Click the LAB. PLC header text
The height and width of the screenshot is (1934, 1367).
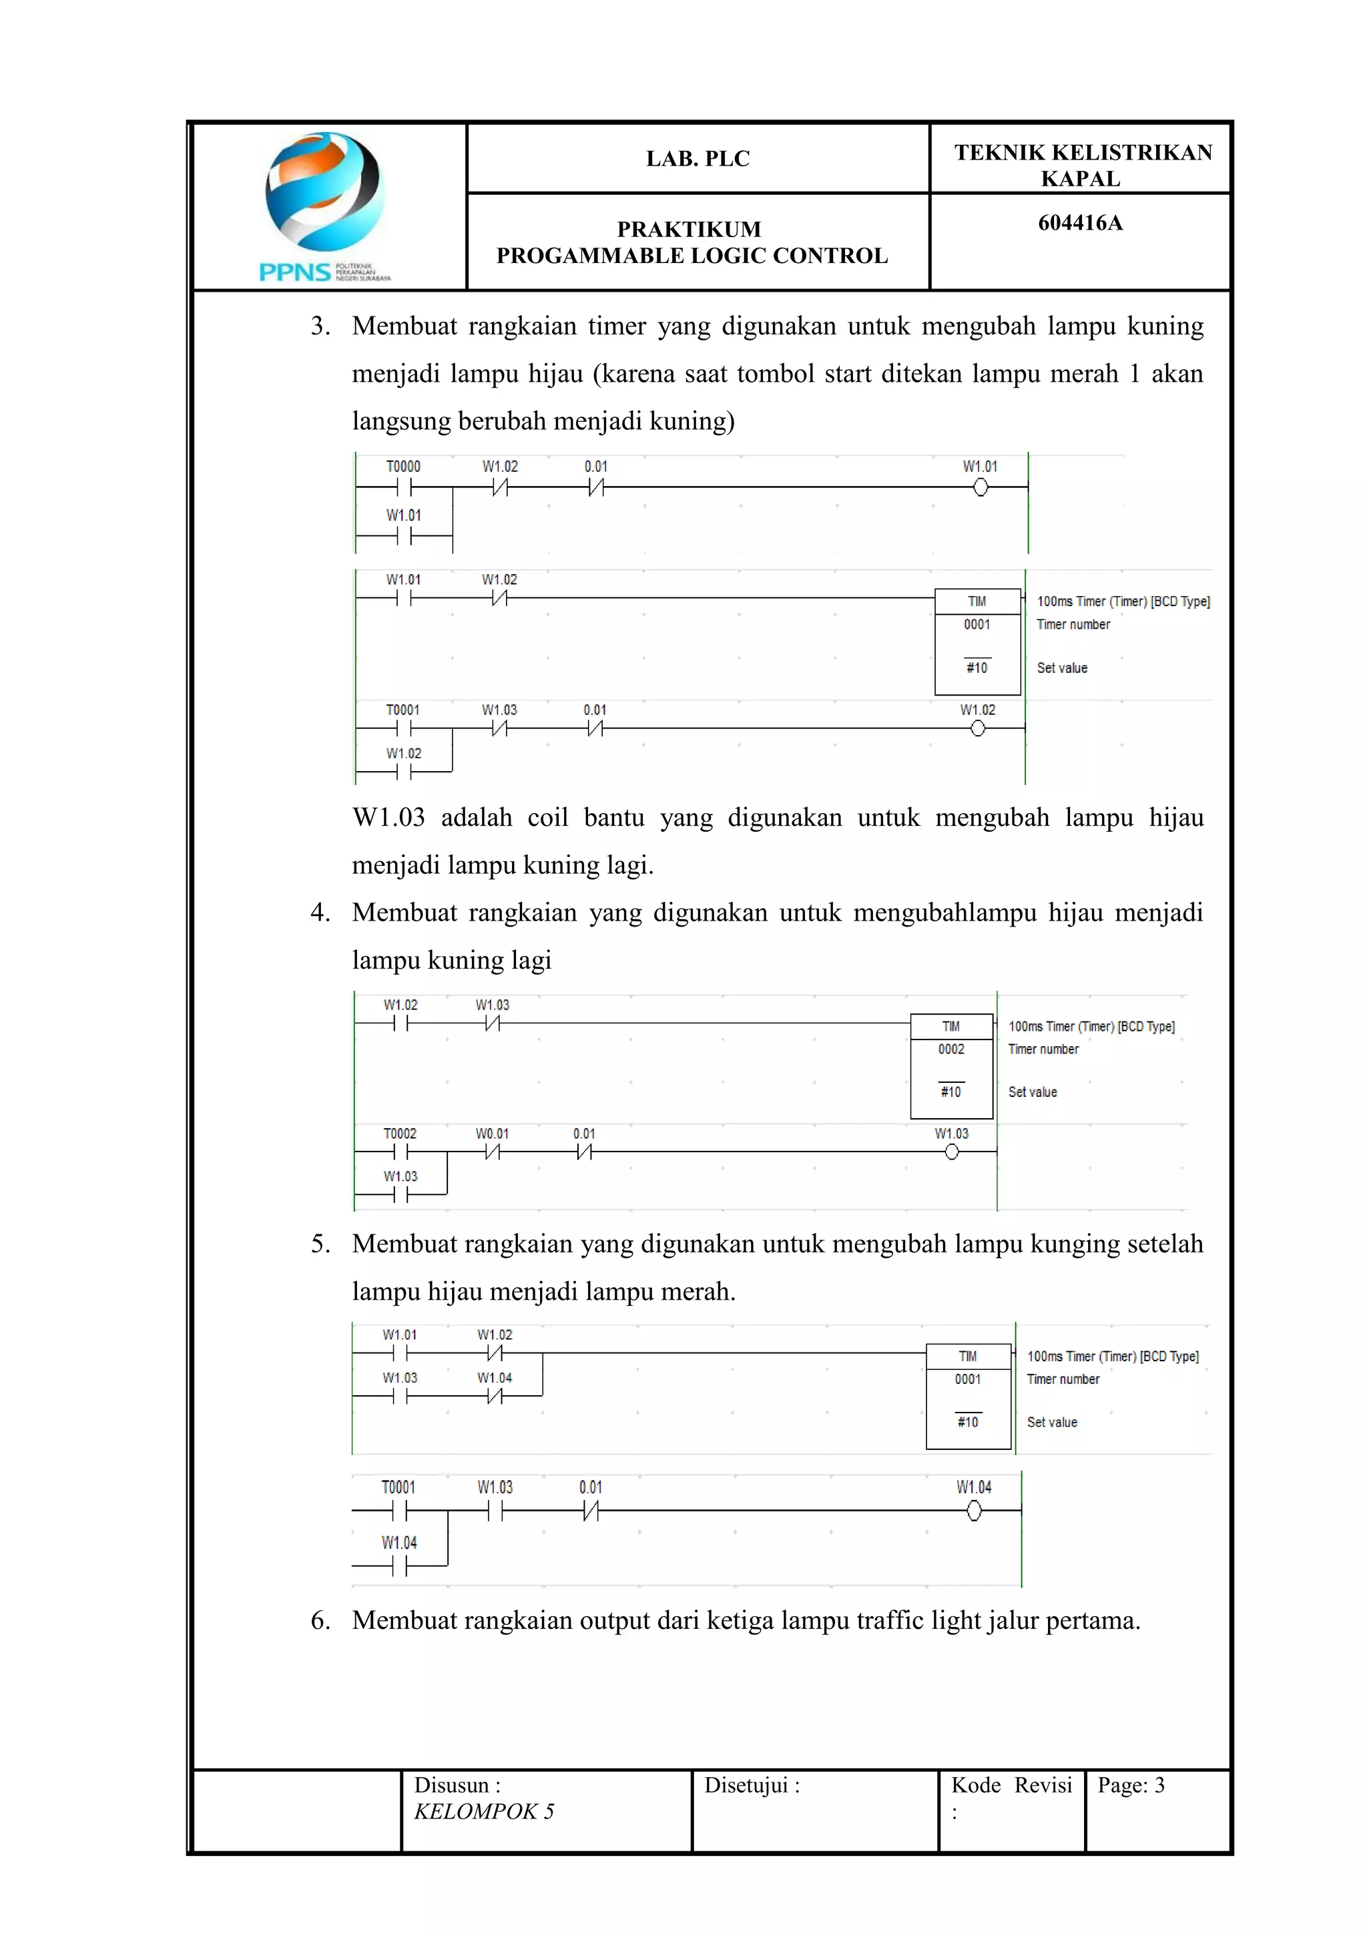point(698,158)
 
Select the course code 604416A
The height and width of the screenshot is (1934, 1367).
point(1080,223)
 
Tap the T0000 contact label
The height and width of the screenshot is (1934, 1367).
point(402,467)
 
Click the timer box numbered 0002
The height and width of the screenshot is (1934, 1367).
point(952,1065)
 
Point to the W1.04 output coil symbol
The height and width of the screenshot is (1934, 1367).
point(974,1511)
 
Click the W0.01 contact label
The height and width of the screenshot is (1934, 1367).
point(492,1134)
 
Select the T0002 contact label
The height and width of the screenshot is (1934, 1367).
point(400,1134)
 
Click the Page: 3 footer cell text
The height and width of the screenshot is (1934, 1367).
point(1130,1785)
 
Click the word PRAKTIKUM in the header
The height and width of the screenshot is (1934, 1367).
point(689,229)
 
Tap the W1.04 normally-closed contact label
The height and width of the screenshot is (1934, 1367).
point(495,1378)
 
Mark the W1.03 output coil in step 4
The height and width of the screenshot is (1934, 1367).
point(952,1152)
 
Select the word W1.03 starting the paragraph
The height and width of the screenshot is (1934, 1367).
point(388,817)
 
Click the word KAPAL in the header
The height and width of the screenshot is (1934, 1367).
point(1080,180)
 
